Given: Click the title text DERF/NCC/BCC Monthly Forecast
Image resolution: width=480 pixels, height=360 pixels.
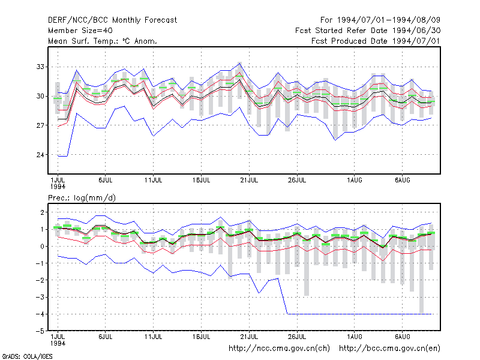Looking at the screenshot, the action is click(112, 20).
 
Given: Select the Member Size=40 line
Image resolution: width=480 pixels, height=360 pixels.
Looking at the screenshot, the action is click(80, 31).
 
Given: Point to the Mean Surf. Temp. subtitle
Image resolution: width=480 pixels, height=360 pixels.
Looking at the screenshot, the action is click(102, 41).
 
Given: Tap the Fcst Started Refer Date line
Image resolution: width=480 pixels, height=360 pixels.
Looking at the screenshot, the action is click(368, 31).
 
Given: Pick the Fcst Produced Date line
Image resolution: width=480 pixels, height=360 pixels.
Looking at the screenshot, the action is click(376, 41).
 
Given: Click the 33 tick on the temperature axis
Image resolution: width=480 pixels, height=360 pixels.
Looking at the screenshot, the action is click(40, 67).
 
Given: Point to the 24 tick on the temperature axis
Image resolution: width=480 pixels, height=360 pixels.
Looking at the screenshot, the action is click(40, 155).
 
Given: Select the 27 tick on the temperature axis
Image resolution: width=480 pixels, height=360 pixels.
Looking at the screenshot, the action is click(40, 125).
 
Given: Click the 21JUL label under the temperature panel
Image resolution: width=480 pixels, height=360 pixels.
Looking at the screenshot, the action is click(249, 180).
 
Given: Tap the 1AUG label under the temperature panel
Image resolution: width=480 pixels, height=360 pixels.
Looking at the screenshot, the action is click(355, 180).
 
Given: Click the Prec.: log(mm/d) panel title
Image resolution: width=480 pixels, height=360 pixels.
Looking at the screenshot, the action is click(82, 198).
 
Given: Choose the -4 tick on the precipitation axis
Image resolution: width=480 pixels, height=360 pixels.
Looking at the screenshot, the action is click(40, 314).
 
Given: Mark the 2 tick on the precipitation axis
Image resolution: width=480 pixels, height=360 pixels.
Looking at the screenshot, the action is click(42, 212).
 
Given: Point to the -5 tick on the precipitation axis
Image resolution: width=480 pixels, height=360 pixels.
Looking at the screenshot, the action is click(40, 331).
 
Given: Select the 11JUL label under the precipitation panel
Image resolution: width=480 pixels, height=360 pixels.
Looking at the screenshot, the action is click(154, 337).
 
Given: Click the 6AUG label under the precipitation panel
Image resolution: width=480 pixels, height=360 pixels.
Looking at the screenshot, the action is click(402, 337).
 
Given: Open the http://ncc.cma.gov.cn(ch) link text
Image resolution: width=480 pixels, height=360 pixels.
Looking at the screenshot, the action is click(279, 349).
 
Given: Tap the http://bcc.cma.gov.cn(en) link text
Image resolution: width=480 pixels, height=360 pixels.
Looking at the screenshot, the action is click(389, 349).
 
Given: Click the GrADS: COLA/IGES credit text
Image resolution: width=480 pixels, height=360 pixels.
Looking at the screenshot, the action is click(27, 356).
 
